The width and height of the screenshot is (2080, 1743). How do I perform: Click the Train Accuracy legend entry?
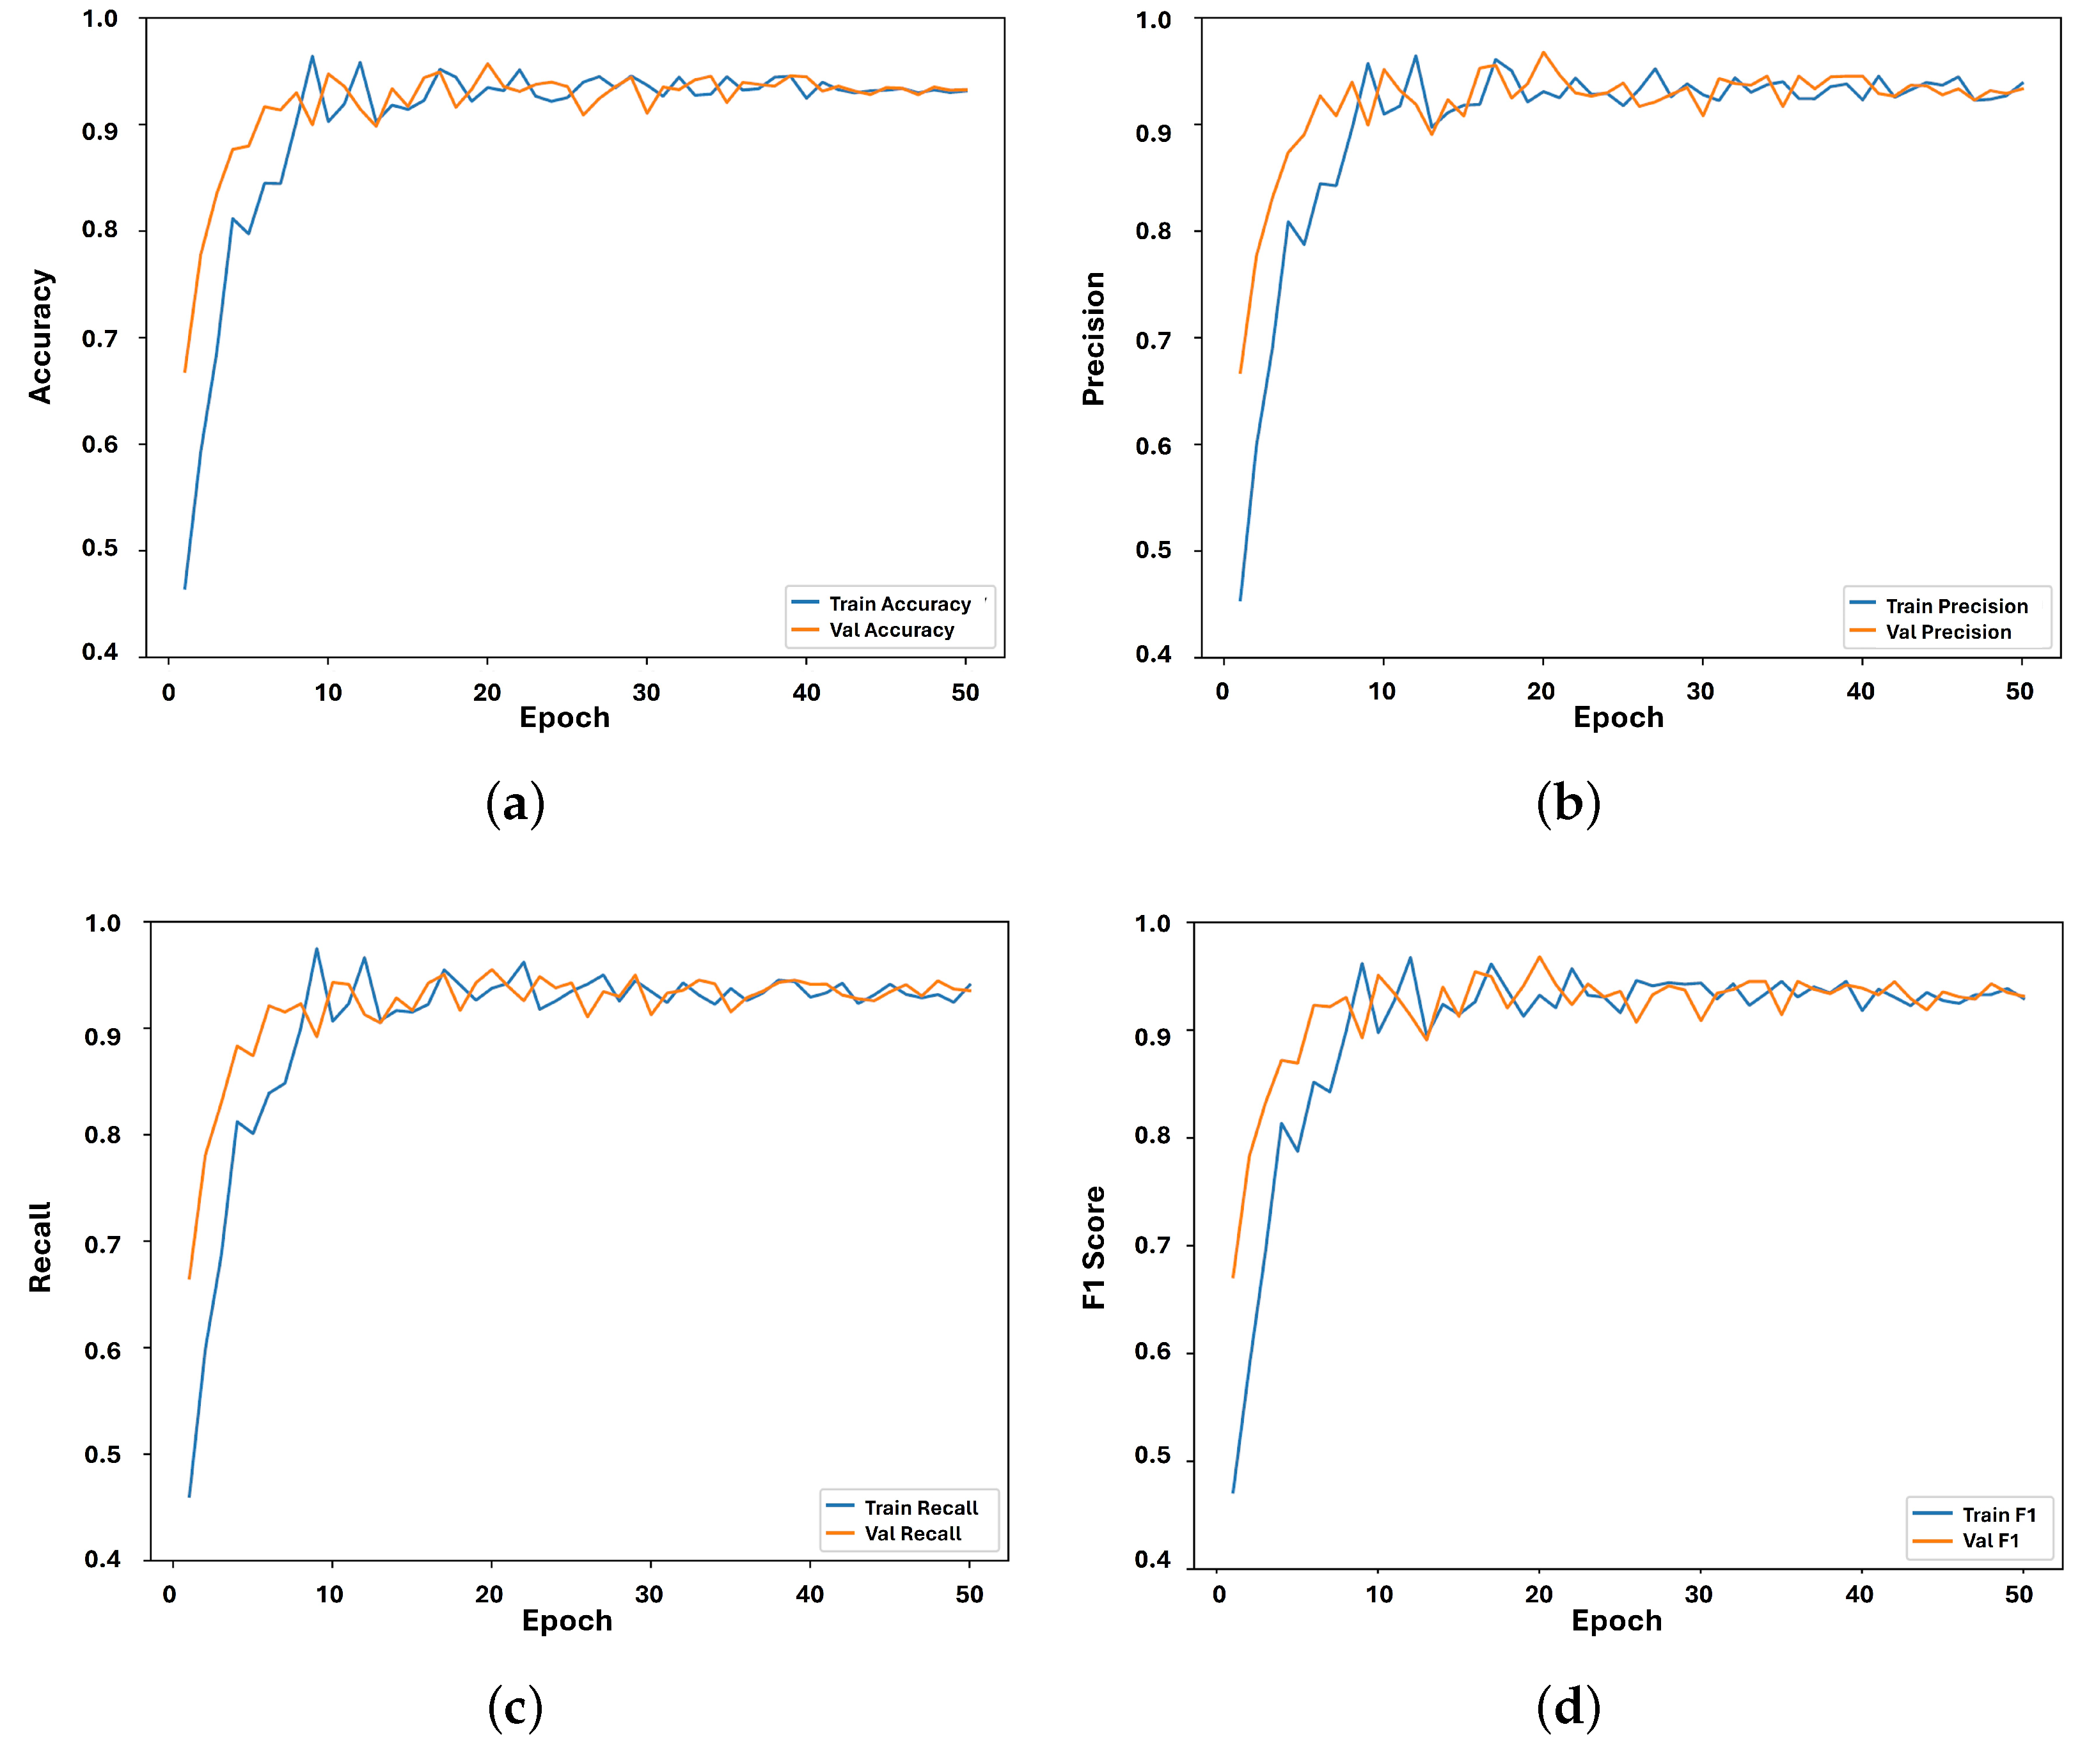899,604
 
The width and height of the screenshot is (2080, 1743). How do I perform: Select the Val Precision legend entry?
1947,632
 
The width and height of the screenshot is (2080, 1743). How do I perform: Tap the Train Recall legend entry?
920,1507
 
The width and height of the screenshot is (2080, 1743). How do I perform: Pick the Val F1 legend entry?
1990,1540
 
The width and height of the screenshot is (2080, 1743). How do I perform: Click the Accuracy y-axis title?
40,337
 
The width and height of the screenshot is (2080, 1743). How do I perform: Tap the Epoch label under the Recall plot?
567,1621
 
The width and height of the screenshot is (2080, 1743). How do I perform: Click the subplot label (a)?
515,803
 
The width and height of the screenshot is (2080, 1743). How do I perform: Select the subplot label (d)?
1568,1707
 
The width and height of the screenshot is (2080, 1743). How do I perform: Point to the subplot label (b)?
1568,803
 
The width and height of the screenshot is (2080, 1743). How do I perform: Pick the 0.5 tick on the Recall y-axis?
102,1454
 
